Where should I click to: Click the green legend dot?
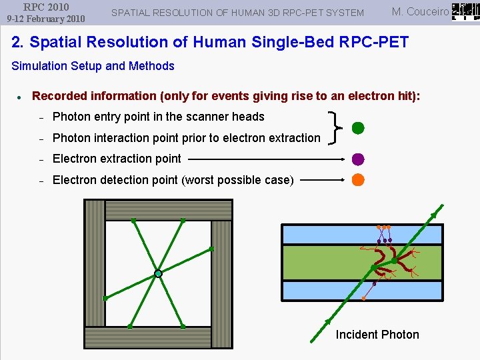[x=358, y=128]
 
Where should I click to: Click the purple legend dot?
[x=358, y=159]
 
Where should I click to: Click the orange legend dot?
[x=358, y=179]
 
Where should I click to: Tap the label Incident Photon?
[x=377, y=335]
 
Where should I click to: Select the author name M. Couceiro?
[x=420, y=11]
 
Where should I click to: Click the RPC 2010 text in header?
[x=46, y=7]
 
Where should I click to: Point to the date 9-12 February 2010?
[x=46, y=19]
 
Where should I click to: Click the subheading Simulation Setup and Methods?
[x=93, y=66]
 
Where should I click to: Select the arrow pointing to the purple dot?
[x=267, y=159]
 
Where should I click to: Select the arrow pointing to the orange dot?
[x=323, y=179]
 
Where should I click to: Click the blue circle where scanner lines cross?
[x=158, y=273]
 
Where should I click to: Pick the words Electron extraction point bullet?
[x=117, y=159]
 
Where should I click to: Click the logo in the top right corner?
[x=465, y=11]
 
